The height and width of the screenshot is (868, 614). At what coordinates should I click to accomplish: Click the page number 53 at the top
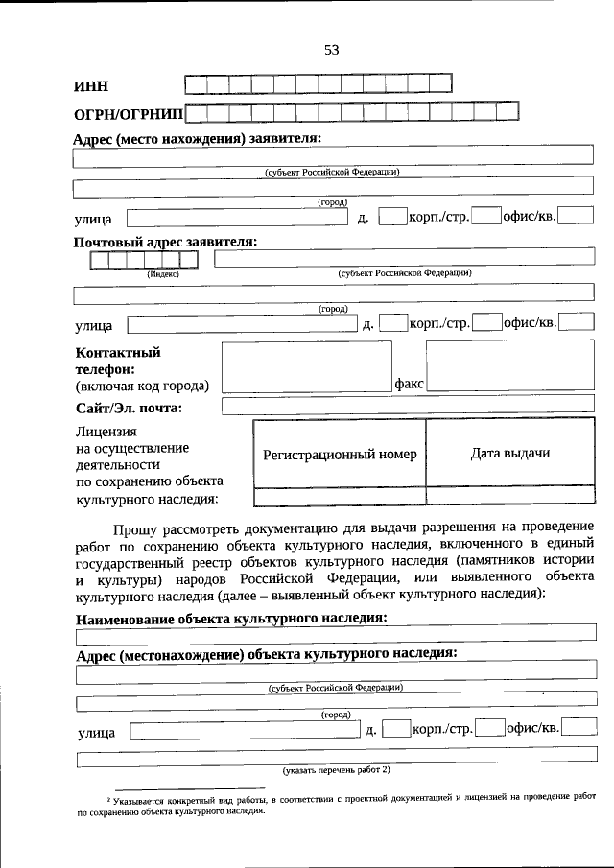pos(331,50)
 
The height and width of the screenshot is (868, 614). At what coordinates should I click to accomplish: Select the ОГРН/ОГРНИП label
pos(128,115)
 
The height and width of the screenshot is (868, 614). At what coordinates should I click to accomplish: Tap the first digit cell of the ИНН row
pos(195,84)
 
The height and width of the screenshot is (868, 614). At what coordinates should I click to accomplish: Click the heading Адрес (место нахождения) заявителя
pos(197,139)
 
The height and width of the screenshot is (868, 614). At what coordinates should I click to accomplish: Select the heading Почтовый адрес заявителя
pos(165,242)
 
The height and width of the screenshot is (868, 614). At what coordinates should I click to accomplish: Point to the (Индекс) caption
pos(163,273)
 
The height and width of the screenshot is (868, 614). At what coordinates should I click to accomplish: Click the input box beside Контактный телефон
pos(306,366)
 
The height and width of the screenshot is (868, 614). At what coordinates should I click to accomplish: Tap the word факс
pos(410,383)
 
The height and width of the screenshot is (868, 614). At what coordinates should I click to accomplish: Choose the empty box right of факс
pos(509,366)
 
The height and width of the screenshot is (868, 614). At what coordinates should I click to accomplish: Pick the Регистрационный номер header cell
pos(340,454)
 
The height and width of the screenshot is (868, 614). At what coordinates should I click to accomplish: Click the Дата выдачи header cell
pos(509,453)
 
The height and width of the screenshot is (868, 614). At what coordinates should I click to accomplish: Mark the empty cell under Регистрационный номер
pos(340,496)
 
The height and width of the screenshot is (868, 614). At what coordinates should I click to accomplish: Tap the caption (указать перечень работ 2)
pos(336,769)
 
